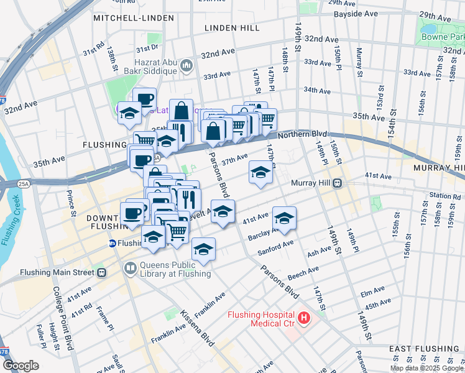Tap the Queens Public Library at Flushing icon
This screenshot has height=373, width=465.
pyautogui.click(x=131, y=269)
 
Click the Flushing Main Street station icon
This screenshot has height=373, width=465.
pyautogui.click(x=101, y=272)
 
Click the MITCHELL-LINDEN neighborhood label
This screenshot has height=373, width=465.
pyautogui.click(x=134, y=18)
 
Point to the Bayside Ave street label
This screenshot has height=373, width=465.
pyautogui.click(x=356, y=13)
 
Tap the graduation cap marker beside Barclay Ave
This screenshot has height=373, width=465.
pyautogui.click(x=284, y=219)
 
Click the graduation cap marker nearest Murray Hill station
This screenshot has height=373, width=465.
pyautogui.click(x=260, y=173)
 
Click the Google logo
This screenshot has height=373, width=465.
pyautogui.click(x=21, y=366)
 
